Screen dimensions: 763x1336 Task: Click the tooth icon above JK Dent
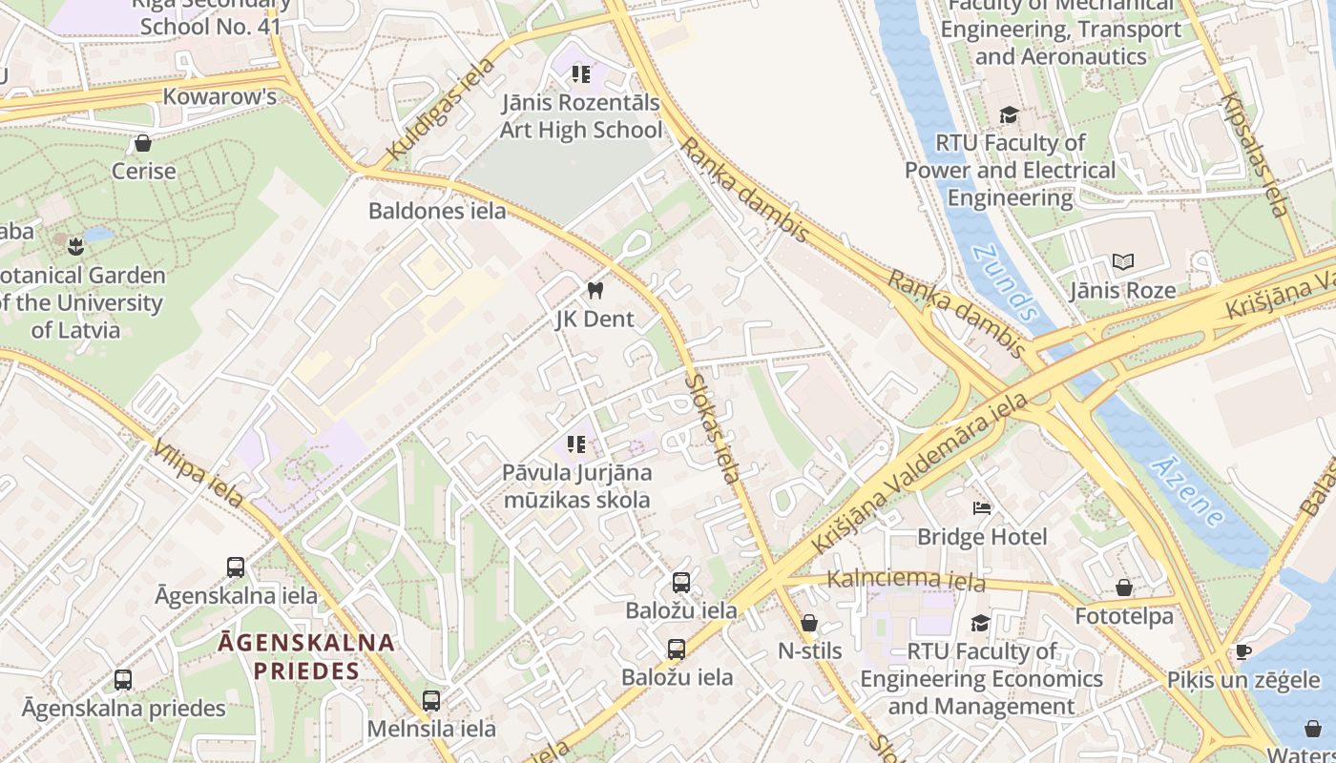click(595, 290)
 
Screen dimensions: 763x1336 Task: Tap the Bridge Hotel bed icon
click(982, 508)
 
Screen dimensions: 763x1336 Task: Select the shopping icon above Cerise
click(143, 143)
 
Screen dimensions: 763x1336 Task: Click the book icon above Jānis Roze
click(1123, 261)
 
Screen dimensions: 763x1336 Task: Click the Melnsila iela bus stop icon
click(431, 701)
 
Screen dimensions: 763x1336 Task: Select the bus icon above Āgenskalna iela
click(236, 567)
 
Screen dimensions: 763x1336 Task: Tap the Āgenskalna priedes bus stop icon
click(123, 680)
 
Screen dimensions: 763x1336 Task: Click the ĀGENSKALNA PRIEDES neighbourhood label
click(306, 656)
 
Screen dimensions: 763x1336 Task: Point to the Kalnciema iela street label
click(906, 579)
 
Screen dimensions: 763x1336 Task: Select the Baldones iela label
click(437, 211)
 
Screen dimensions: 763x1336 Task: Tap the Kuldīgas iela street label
click(441, 110)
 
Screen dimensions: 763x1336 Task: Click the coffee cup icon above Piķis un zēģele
click(1242, 651)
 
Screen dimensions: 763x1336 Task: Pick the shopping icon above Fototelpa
click(1124, 588)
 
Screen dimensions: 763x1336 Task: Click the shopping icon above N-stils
click(809, 623)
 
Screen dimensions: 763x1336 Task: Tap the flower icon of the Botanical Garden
click(75, 247)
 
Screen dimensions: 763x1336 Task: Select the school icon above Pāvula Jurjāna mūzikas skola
click(576, 443)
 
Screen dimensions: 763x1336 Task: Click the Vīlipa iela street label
click(198, 473)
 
